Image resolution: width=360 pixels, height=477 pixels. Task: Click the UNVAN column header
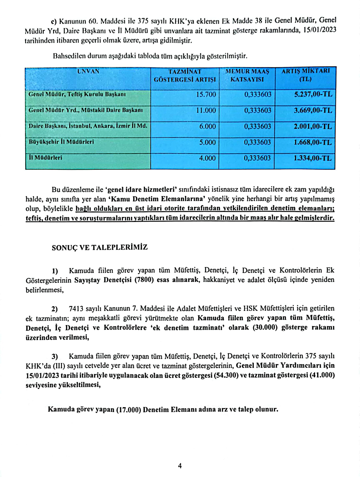click(88, 71)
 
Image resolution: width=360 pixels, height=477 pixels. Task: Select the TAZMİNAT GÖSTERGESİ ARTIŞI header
click(185, 76)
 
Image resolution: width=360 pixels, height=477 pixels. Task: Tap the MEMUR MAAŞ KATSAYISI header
click(247, 76)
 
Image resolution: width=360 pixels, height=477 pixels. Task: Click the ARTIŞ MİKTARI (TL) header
click(305, 76)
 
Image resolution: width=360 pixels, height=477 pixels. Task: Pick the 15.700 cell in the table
click(206, 95)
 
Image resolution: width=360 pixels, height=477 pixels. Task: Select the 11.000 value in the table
click(206, 110)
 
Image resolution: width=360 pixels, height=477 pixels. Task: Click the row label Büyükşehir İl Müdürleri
click(61, 142)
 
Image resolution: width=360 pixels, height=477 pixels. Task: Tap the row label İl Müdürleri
click(45, 158)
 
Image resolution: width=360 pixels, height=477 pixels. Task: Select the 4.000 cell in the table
click(207, 158)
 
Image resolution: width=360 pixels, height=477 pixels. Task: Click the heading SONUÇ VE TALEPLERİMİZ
click(100, 247)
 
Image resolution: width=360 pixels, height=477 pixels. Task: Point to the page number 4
click(180, 466)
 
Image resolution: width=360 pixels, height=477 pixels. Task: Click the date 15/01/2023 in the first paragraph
click(320, 30)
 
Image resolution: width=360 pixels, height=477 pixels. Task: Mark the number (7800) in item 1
click(144, 280)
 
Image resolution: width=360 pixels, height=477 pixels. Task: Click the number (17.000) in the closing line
click(128, 410)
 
